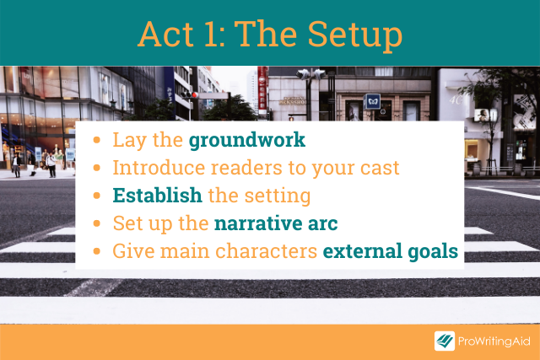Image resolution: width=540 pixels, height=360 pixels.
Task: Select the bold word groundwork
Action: [247, 141]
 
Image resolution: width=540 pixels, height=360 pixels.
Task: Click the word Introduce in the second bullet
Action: [159, 168]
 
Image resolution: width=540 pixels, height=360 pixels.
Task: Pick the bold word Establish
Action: [158, 196]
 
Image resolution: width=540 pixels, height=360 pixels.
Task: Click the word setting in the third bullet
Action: [278, 196]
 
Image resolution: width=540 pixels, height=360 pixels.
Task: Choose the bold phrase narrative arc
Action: [276, 223]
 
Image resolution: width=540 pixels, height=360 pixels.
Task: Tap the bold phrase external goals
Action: [391, 251]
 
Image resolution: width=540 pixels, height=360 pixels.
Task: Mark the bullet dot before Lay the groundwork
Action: [97, 140]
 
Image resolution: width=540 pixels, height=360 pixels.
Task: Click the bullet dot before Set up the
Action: [97, 223]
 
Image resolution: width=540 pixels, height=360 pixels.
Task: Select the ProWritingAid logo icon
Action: [445, 341]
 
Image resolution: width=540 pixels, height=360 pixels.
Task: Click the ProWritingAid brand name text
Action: [494, 341]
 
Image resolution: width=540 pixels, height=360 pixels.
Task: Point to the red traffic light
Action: [195, 94]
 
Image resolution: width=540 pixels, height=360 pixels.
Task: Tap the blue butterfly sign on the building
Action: [372, 101]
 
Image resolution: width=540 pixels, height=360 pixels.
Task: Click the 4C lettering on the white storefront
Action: [456, 99]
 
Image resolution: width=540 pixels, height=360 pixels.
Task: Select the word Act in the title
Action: [165, 35]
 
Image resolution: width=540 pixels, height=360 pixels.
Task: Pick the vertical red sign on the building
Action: [262, 90]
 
